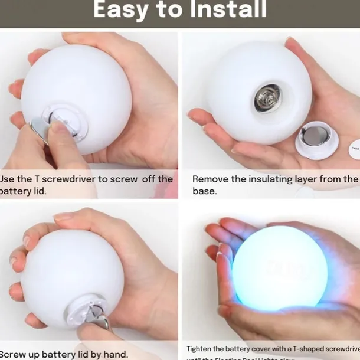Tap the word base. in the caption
pyautogui.click(x=204, y=191)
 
